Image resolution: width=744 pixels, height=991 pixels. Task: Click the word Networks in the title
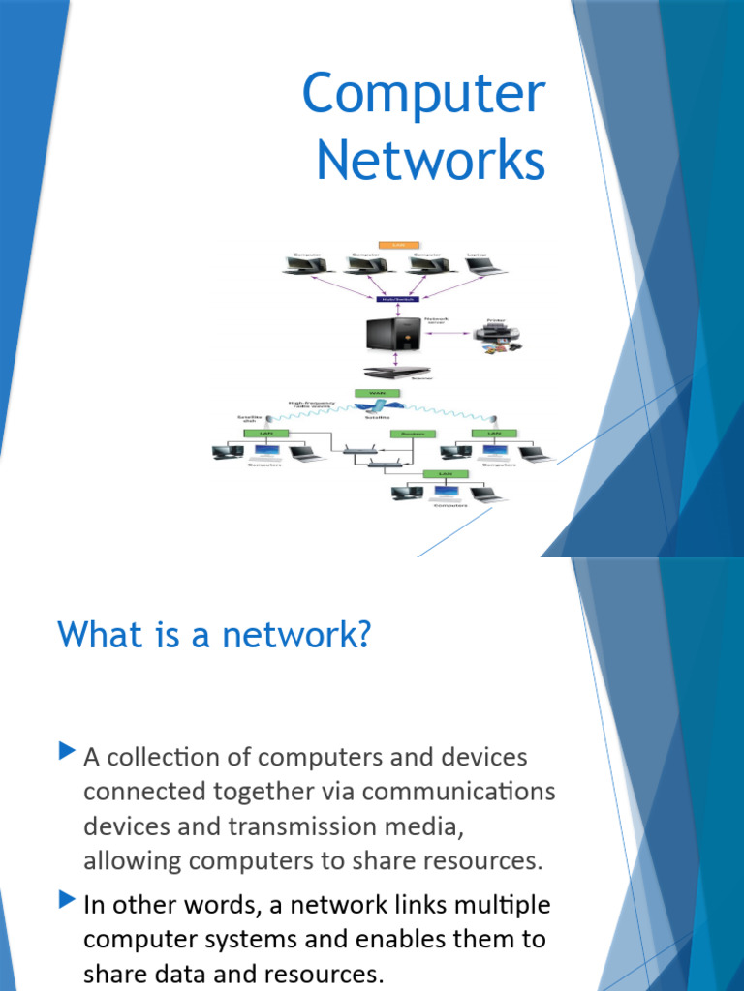pos(431,161)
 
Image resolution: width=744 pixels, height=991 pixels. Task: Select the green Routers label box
pos(408,434)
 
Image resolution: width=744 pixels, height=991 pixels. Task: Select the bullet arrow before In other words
pos(66,900)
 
